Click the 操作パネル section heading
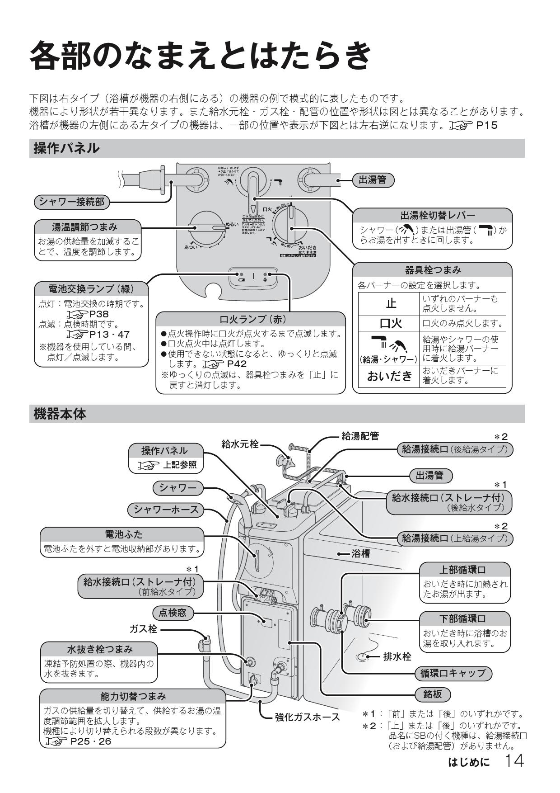click(66, 148)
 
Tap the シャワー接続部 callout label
click(72, 202)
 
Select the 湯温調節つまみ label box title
click(88, 227)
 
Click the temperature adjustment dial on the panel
click(207, 229)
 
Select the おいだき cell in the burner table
click(389, 376)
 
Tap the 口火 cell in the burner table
click(389, 323)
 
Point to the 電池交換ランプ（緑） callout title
click(91, 288)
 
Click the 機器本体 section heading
click(60, 414)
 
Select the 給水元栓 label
click(240, 444)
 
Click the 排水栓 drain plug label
click(397, 656)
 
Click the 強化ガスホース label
click(307, 717)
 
